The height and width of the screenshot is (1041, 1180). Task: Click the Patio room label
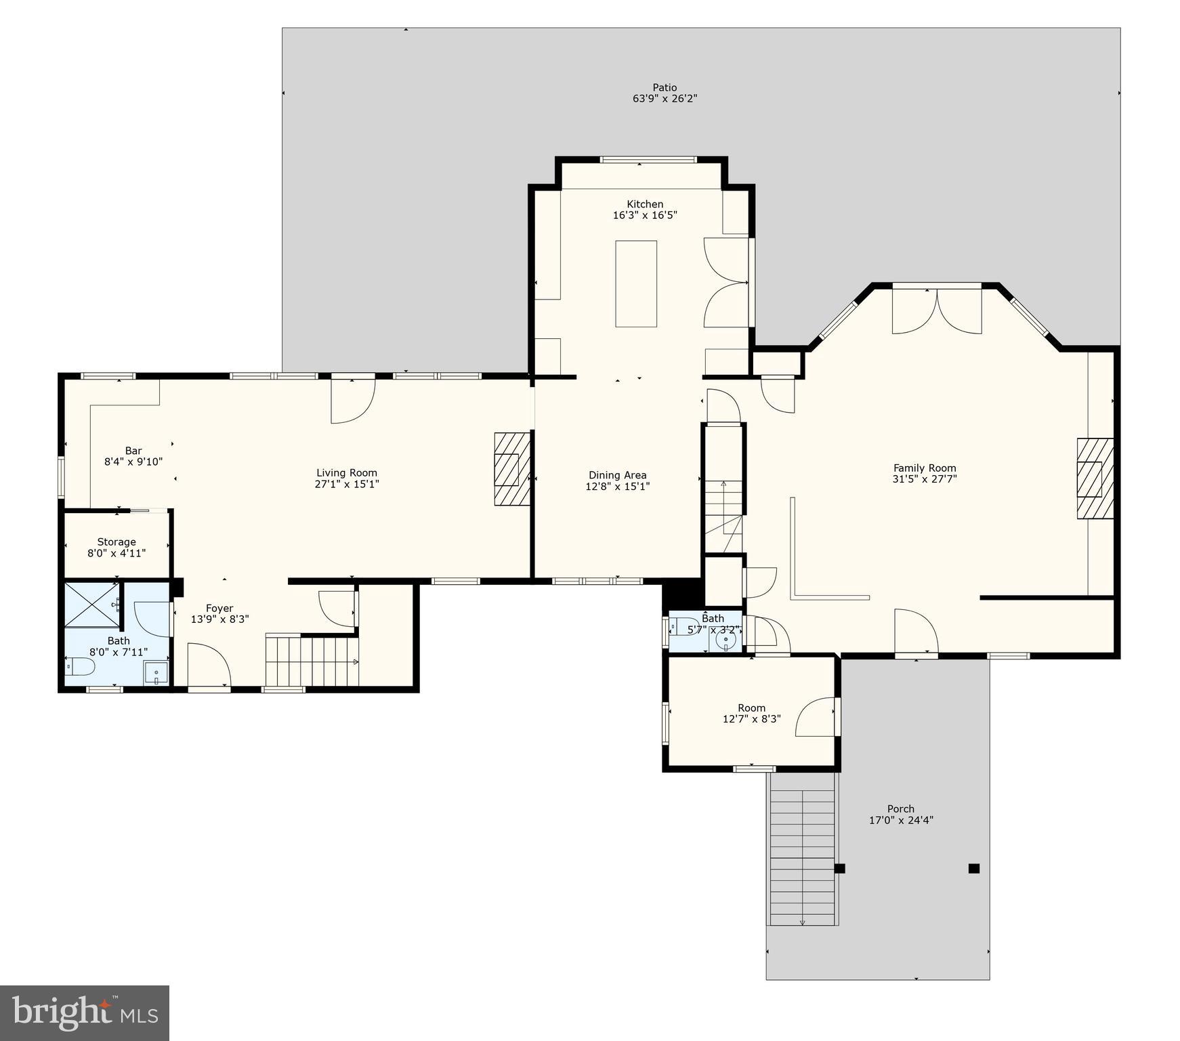(x=665, y=87)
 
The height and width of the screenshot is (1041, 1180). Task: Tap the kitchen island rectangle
(x=635, y=283)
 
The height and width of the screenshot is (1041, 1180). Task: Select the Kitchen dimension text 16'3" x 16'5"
(x=645, y=216)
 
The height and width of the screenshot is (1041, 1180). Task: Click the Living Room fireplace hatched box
(x=511, y=469)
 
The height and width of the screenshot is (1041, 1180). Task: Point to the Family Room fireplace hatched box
(x=1095, y=478)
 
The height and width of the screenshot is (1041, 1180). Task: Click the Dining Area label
(x=617, y=475)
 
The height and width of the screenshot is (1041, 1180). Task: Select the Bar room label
(x=133, y=451)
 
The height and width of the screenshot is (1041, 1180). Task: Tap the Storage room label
(x=117, y=542)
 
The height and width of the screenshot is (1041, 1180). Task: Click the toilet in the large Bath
(x=80, y=667)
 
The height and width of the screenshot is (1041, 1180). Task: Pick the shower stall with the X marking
(x=92, y=604)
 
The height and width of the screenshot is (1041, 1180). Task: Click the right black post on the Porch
(x=973, y=868)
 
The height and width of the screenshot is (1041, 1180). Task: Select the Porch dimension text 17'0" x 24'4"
(x=901, y=820)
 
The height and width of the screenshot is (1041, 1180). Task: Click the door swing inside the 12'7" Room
(x=816, y=717)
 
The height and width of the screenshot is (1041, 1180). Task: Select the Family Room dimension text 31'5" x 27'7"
(x=925, y=479)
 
